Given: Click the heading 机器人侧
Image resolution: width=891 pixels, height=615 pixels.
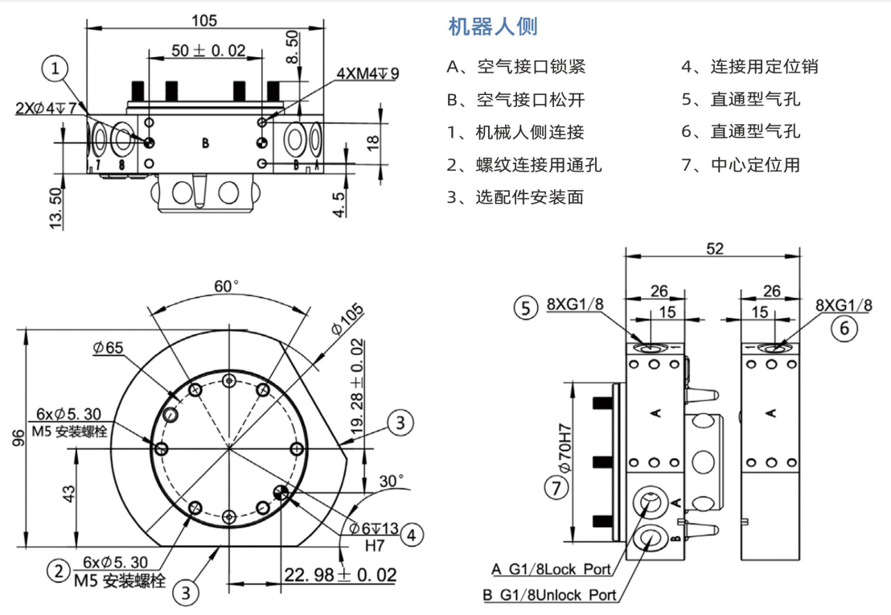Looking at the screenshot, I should [x=492, y=27].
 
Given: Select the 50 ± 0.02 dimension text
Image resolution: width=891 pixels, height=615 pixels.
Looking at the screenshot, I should [x=208, y=50].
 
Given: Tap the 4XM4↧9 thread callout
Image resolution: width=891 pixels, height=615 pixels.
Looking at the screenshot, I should [x=367, y=73].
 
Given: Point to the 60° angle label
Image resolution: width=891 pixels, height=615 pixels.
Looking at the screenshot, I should [x=227, y=287].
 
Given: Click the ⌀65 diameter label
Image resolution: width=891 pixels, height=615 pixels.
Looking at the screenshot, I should [x=108, y=348].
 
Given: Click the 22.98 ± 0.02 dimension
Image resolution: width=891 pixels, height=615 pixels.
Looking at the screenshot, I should [x=340, y=575].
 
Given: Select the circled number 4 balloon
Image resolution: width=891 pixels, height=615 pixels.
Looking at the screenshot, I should [x=411, y=533].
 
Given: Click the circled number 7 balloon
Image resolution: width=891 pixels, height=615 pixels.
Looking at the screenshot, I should [x=555, y=487].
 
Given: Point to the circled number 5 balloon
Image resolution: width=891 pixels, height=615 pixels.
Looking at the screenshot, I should [x=526, y=307].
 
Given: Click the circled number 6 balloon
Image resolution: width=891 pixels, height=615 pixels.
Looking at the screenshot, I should [x=844, y=328].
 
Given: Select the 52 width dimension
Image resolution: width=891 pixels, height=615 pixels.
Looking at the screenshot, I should [x=714, y=249].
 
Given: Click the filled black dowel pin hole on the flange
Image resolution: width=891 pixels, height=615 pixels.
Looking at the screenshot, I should [x=281, y=493].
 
